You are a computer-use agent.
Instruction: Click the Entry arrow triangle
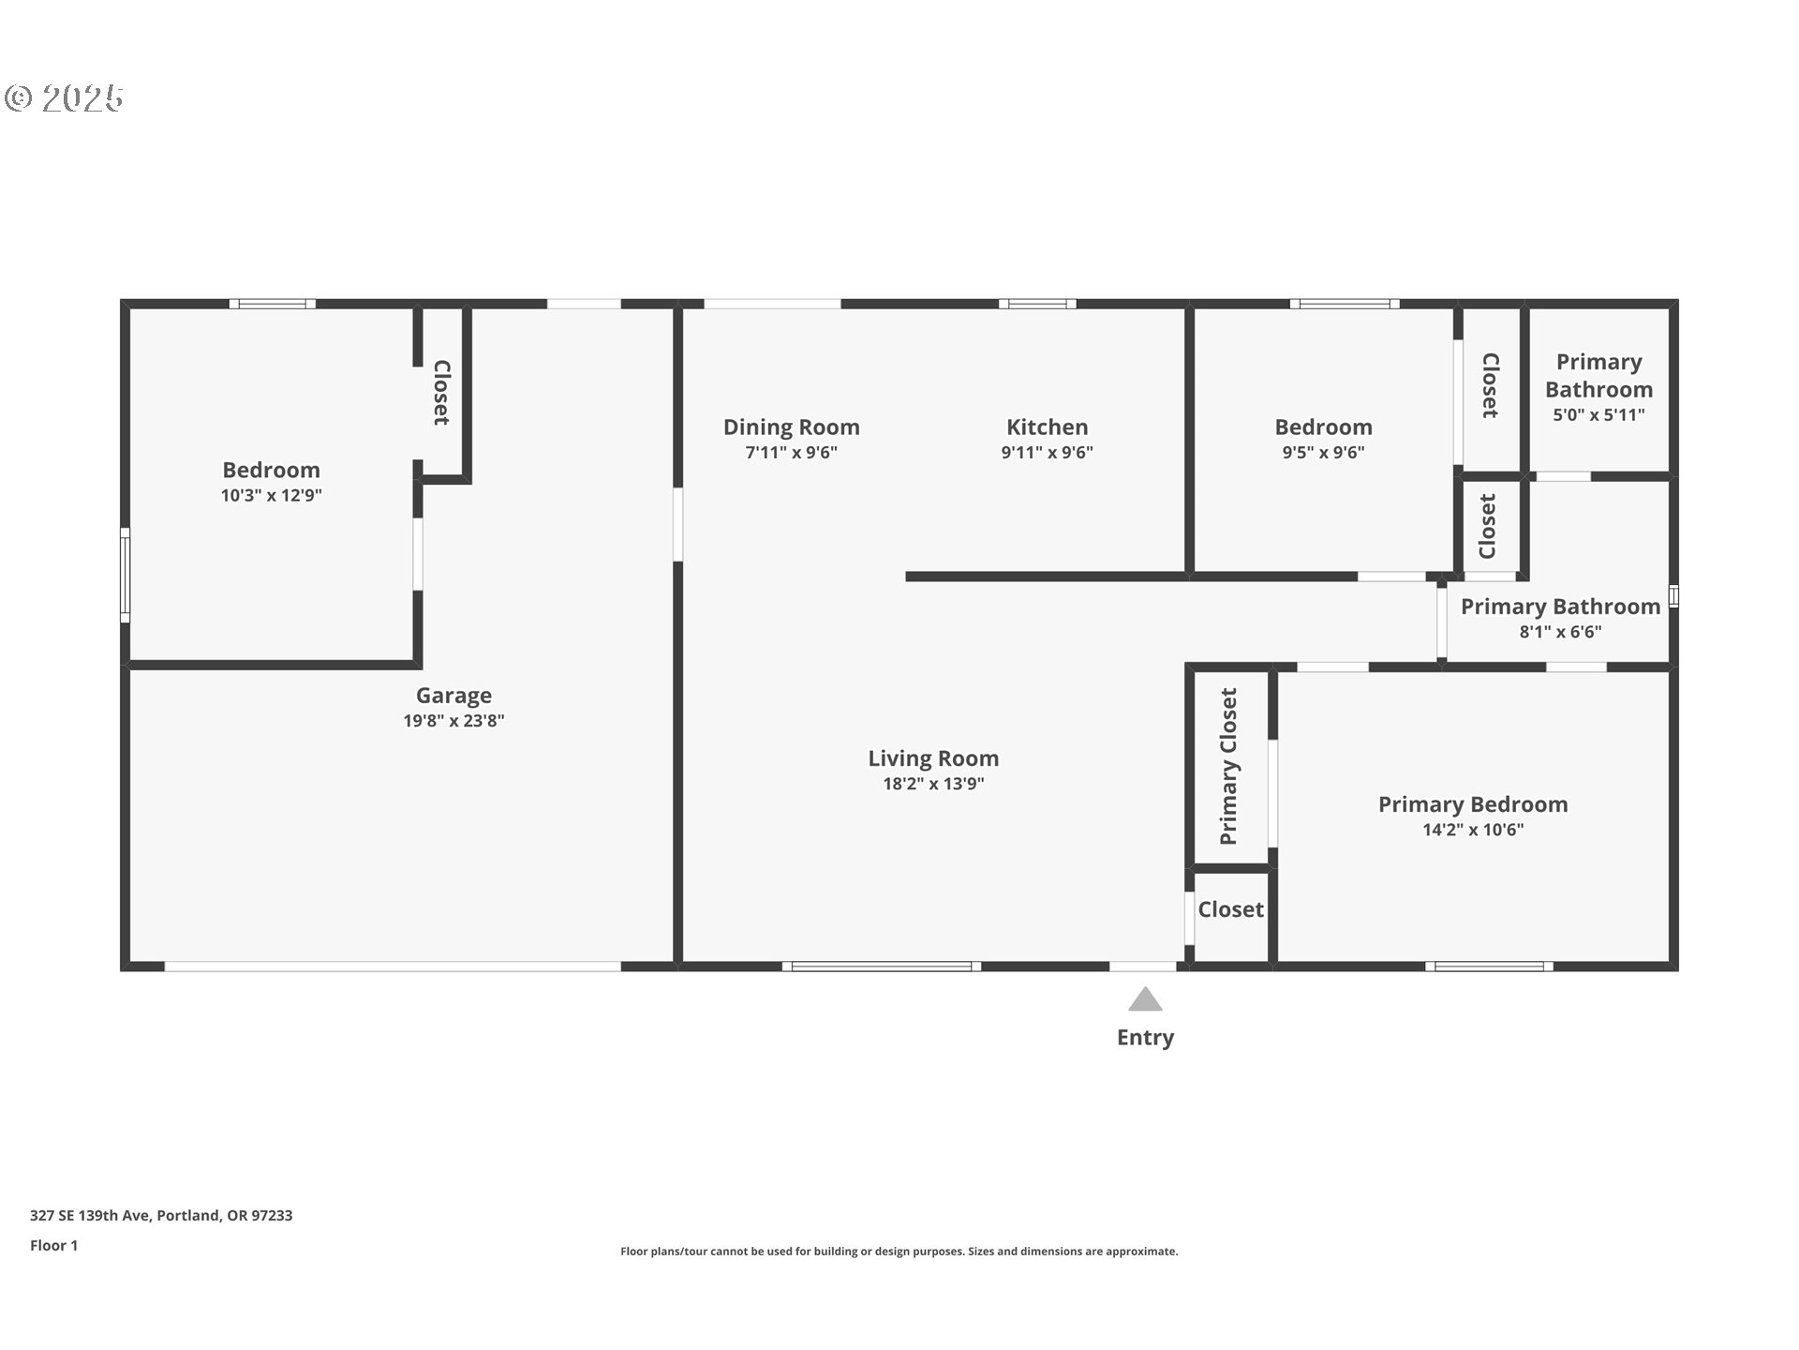tap(1145, 1000)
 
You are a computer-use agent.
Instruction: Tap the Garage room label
tap(453, 696)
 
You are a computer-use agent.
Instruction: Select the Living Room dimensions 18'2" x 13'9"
tap(933, 784)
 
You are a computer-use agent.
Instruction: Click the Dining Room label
tap(791, 427)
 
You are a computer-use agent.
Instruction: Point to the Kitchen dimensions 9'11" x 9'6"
tap(1047, 453)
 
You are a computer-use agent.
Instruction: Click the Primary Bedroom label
tap(1472, 804)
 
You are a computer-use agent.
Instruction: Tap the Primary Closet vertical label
tap(1228, 766)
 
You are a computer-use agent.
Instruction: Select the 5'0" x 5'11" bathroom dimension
tap(1598, 415)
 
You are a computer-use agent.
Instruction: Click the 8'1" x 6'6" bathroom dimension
tap(1560, 632)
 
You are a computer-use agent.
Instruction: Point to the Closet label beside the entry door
tap(1230, 909)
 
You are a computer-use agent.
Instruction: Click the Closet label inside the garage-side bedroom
tap(441, 392)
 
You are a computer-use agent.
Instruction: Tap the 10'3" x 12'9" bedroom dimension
tap(271, 495)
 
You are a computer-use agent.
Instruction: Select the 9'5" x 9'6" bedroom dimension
tap(1323, 453)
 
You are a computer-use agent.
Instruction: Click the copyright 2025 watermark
tap(65, 97)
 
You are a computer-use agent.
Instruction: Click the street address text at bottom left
tap(161, 1215)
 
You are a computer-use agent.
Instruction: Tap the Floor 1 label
tap(53, 1245)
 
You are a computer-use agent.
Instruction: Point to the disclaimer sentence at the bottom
tap(899, 1252)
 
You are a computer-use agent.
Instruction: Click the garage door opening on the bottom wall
tap(392, 966)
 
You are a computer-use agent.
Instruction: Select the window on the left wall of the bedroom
tap(125, 575)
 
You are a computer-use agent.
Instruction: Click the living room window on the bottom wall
tap(882, 966)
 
